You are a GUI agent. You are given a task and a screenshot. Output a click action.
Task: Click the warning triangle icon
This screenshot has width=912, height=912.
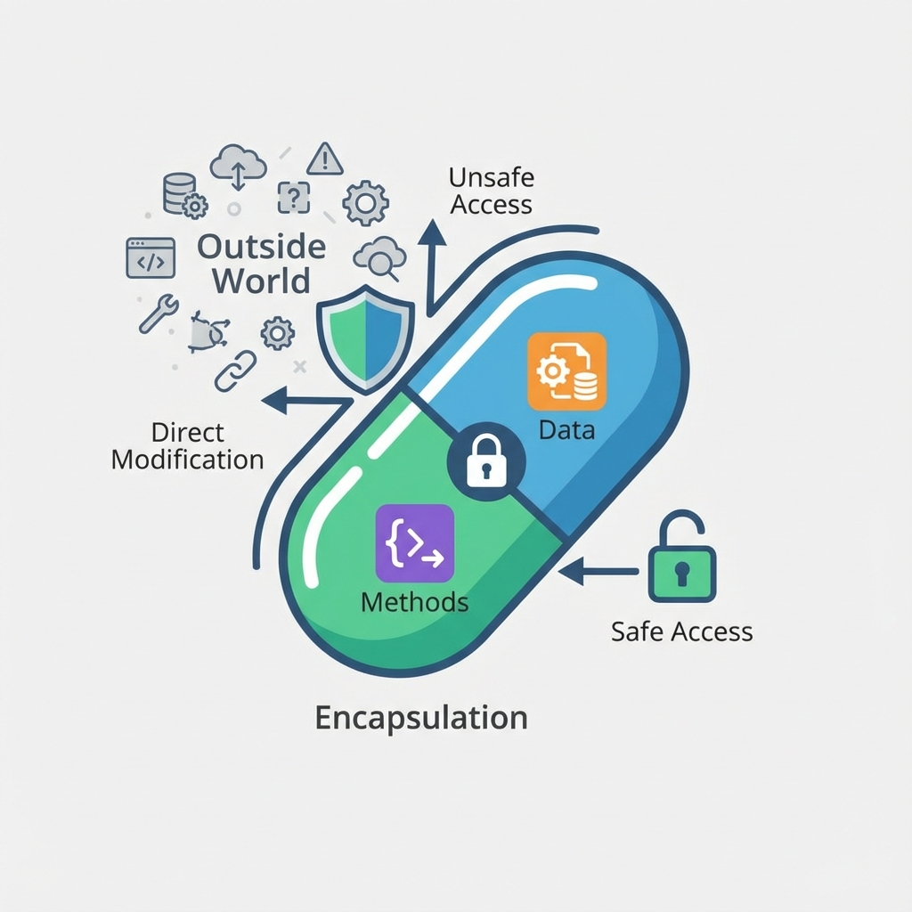[x=325, y=159]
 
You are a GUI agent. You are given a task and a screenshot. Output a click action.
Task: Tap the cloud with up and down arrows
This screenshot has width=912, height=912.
[x=238, y=167]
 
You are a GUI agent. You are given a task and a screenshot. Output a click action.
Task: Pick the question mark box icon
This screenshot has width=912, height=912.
[x=294, y=197]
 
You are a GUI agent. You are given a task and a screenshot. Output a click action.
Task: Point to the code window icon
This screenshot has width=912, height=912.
[x=150, y=257]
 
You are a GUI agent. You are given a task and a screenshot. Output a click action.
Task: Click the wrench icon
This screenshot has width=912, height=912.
[x=159, y=313]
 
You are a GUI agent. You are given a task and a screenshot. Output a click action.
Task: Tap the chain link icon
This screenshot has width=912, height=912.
[x=235, y=370]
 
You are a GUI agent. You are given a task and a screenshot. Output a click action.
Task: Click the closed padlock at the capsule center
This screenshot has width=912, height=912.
[x=486, y=460]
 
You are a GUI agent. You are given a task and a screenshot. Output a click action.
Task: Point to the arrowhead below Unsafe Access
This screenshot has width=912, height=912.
[x=433, y=234]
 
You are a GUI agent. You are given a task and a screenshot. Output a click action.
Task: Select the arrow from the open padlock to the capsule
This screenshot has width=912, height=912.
[x=597, y=571]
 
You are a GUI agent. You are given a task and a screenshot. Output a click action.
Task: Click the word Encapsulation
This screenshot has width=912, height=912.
[x=421, y=717]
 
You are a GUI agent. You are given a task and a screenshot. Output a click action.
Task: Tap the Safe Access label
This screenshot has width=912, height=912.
[x=681, y=631]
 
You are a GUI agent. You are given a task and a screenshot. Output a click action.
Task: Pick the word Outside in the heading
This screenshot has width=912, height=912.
[x=262, y=246]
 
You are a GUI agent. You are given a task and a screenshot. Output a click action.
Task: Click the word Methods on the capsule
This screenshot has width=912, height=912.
[x=414, y=602]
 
